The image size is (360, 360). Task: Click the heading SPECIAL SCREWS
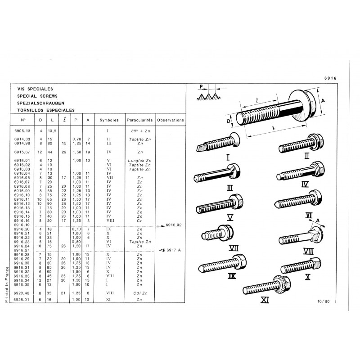coord(37,96)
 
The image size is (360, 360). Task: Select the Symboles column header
coord(109,120)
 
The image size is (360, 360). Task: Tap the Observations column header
coord(171,120)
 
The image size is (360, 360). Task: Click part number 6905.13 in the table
coord(22,131)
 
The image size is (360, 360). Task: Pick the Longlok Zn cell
coord(139,161)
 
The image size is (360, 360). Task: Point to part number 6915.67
coord(22,152)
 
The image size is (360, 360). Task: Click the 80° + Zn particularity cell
coord(140,131)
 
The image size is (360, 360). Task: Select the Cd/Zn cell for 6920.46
coord(140,293)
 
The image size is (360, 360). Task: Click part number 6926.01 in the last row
coord(22,300)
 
